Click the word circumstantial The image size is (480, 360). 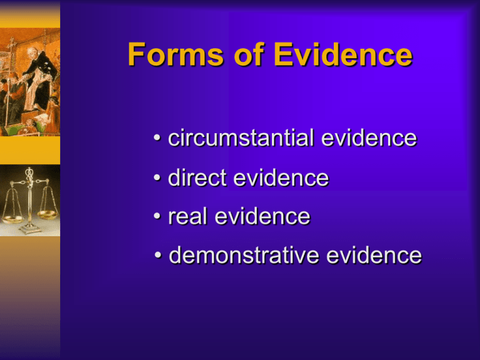241,139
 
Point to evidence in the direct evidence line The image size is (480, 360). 281,178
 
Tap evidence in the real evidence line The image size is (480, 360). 262,217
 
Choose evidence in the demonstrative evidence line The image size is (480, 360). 377,256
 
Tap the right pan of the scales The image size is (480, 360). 47,214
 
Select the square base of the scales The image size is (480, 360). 29,230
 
